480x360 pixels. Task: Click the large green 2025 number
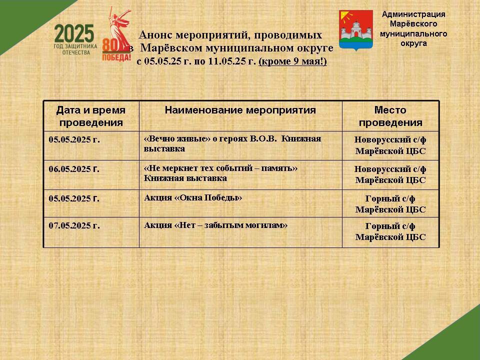[74, 33]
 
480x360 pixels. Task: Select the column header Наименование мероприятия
[240, 110]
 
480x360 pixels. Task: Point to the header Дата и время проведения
[91, 116]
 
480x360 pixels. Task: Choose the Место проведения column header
[390, 116]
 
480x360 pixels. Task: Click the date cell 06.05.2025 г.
[74, 169]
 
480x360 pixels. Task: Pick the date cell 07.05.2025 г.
[74, 225]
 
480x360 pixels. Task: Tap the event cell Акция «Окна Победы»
[193, 198]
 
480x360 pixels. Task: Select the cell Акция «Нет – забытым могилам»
[215, 225]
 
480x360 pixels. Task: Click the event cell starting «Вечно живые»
[232, 143]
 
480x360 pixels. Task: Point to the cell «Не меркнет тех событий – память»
[220, 173]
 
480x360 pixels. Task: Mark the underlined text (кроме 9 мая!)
[293, 61]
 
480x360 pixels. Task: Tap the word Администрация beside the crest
[413, 14]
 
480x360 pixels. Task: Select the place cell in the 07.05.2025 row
[390, 231]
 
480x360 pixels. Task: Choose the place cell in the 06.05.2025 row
[390, 174]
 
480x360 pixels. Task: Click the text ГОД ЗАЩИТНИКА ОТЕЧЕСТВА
[75, 49]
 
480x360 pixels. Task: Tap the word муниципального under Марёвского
[413, 33]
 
